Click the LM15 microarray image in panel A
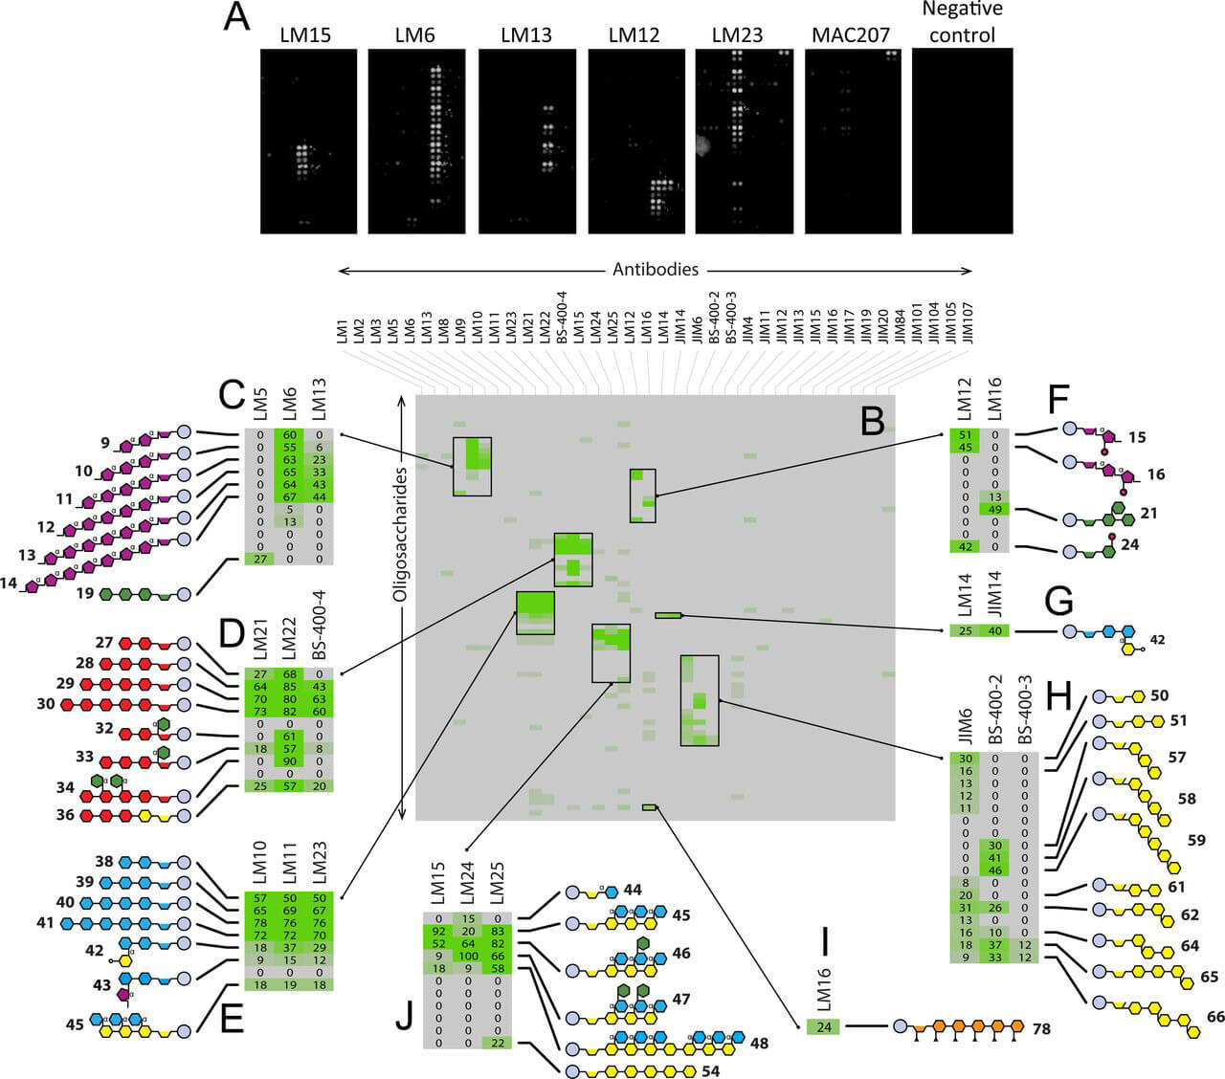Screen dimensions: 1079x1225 (309, 142)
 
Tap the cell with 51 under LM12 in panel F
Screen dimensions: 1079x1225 (966, 434)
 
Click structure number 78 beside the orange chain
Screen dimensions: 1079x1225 (1043, 1026)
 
